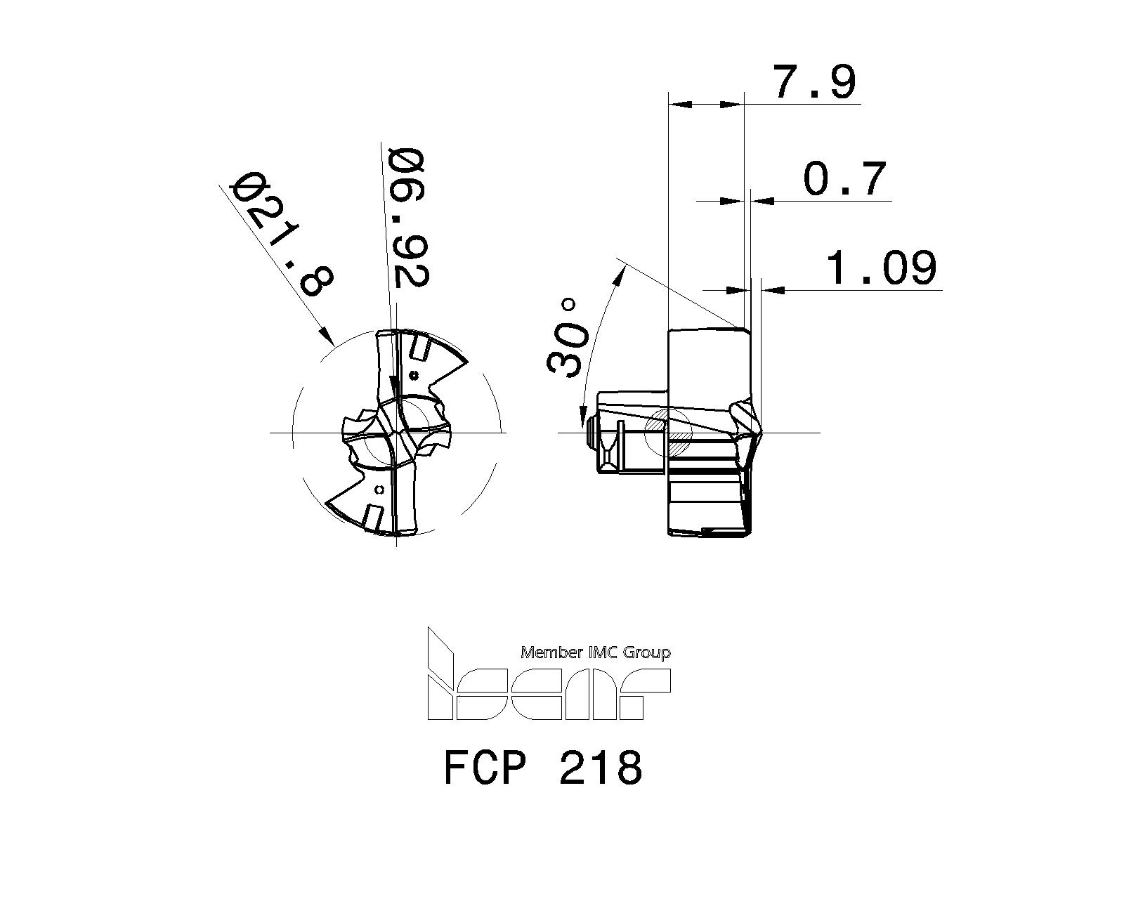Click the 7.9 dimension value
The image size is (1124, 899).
click(814, 81)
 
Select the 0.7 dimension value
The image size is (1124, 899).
click(845, 178)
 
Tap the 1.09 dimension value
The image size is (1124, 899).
click(882, 268)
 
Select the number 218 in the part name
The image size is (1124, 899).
click(601, 768)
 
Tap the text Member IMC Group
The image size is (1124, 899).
click(595, 653)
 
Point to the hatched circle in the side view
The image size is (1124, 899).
click(668, 430)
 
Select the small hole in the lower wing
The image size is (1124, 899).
click(380, 490)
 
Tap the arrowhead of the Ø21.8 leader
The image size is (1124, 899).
click(327, 336)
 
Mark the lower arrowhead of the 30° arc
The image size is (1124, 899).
click(582, 420)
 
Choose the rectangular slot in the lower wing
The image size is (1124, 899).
click(374, 518)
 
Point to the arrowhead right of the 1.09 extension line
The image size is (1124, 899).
click(771, 289)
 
